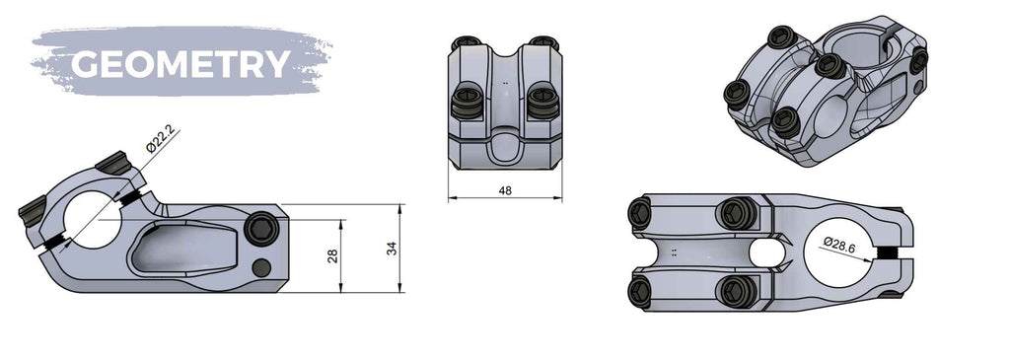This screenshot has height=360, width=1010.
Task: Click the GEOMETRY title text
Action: pos(180,64)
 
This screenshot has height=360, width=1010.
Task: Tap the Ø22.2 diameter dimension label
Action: pos(160,138)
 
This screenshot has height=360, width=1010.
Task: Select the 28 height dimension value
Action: pos(332,256)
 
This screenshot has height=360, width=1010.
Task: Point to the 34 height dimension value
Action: pos(392,249)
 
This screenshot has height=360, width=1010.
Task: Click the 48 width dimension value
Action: pos(505,190)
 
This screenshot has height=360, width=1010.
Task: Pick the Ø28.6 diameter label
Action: pos(839,243)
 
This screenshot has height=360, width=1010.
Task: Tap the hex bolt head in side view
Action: pos(262,229)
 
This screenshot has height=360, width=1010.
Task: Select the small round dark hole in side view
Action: pos(260,267)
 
